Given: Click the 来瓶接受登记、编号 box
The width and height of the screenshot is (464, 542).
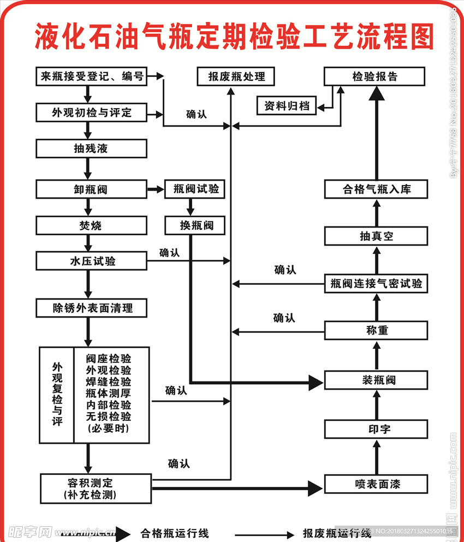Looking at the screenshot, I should click(92, 76).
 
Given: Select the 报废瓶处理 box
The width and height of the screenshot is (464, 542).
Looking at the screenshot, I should click(236, 76).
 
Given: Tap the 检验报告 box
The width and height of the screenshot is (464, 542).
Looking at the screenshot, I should click(374, 76).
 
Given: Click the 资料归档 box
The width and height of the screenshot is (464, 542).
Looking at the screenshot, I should click(287, 106).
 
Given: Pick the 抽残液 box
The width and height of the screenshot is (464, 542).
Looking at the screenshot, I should click(92, 148).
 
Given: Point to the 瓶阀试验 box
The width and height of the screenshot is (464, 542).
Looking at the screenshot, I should click(195, 189).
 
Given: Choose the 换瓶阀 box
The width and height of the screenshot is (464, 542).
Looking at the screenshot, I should click(195, 225).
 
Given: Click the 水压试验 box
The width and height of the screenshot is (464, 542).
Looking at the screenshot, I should click(92, 261).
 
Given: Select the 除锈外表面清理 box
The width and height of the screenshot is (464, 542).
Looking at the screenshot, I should click(92, 308).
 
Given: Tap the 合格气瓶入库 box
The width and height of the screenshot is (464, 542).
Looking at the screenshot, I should click(376, 189).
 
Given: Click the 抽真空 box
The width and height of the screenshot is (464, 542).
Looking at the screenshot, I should click(376, 236).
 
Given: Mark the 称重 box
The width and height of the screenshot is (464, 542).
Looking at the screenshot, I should click(376, 330).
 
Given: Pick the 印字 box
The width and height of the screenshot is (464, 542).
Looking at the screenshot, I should click(376, 429).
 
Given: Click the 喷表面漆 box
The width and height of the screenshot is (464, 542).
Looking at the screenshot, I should click(376, 484).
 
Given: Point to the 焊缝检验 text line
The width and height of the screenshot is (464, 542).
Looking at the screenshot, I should click(108, 382).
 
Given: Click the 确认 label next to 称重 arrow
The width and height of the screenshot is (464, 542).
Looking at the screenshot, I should click(284, 318).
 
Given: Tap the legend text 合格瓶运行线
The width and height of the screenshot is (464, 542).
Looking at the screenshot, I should click(175, 533).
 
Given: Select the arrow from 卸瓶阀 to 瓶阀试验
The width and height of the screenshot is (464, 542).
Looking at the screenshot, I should click(156, 190).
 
